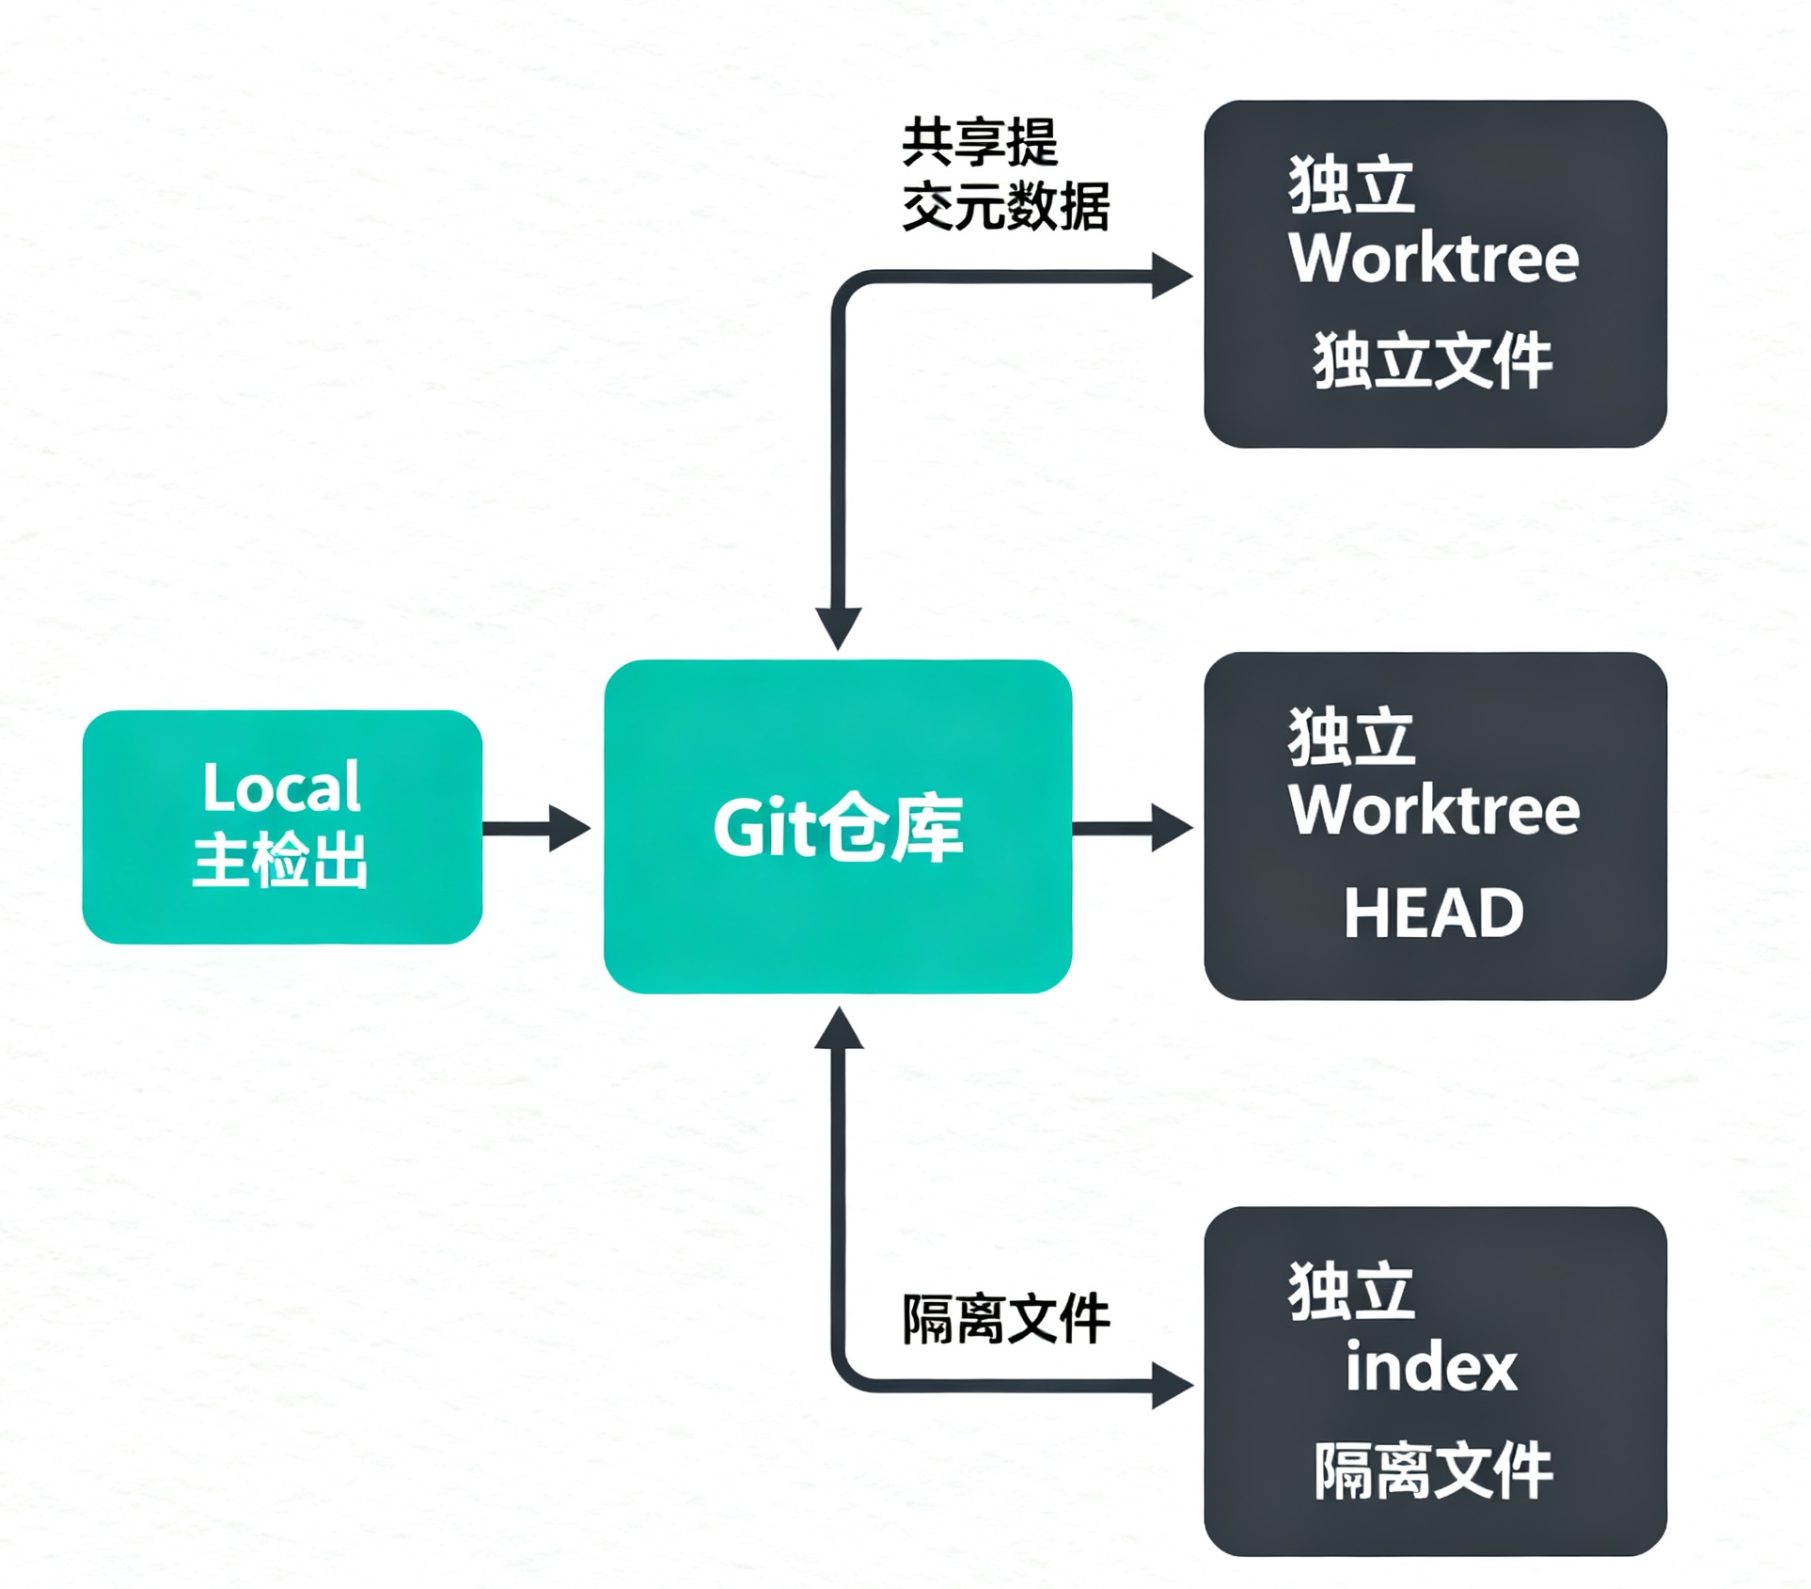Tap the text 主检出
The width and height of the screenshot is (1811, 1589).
click(280, 860)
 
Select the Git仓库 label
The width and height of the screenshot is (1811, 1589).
click(838, 828)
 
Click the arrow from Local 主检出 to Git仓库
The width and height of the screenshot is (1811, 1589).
click(537, 828)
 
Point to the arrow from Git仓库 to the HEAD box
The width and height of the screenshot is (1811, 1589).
click(1133, 828)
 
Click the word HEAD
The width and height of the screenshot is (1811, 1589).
click(1434, 913)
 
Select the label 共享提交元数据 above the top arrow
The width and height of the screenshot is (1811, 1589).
click(1005, 175)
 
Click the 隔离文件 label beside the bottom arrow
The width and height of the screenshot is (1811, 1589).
click(1006, 1319)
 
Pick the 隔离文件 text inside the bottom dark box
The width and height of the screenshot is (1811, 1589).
click(1433, 1470)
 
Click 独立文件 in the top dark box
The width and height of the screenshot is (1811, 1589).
click(1433, 360)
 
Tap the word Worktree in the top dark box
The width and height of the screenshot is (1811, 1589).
click(1434, 257)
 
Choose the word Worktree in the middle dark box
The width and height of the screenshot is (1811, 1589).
click(1434, 809)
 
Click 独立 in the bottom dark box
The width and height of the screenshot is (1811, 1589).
click(1351, 1291)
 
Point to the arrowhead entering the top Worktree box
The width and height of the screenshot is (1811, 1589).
click(1173, 277)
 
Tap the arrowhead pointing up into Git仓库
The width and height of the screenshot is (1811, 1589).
click(839, 1027)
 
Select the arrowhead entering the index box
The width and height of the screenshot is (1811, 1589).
click(1173, 1386)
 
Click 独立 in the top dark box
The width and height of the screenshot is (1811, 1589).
click(1351, 184)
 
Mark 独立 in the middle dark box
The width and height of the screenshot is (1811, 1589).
click(1351, 737)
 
